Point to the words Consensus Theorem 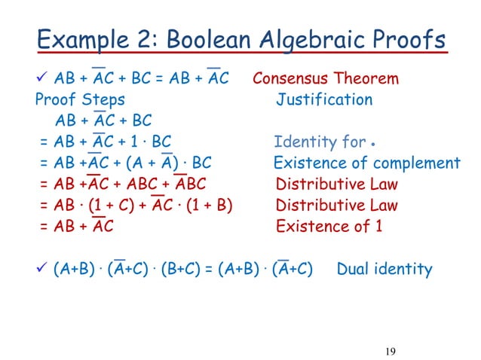click(326, 79)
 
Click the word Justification click(324, 100)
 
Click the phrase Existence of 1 click(329, 227)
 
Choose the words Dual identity click(384, 269)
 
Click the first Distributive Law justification click(337, 185)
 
